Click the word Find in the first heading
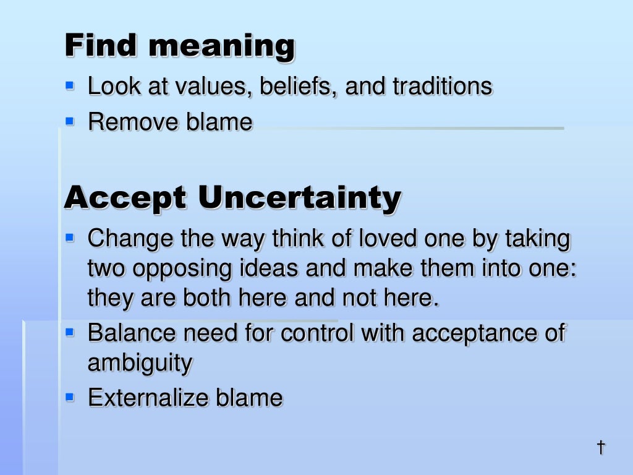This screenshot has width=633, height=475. click(100, 45)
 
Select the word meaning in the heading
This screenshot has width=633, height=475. click(222, 47)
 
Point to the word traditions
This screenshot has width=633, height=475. click(442, 86)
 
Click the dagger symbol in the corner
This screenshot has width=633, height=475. click(600, 447)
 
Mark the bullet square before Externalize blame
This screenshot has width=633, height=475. click(70, 396)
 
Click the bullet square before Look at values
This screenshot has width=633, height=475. click(70, 85)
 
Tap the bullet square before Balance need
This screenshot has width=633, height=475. click(70, 332)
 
